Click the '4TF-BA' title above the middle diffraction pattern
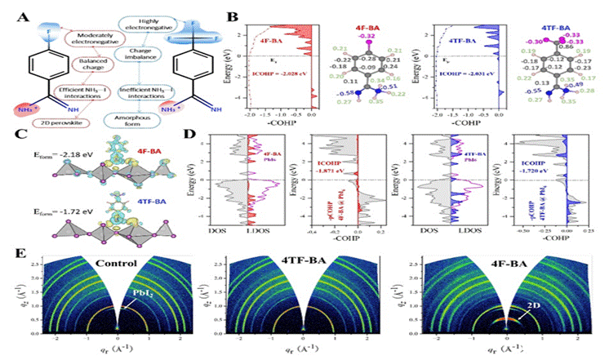click(x=310, y=253)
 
